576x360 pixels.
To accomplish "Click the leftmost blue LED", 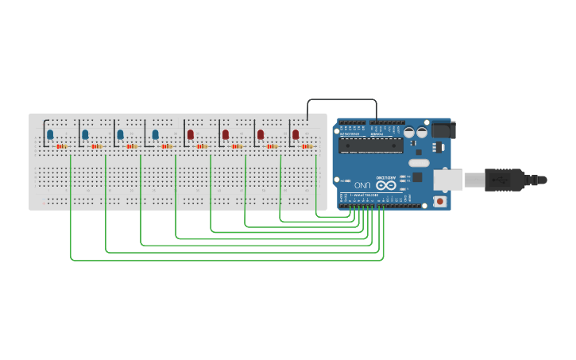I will click(x=50, y=135).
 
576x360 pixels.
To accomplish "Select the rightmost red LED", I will click(x=296, y=135).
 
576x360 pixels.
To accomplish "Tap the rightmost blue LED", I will click(x=155, y=135).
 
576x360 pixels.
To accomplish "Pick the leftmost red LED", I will click(x=191, y=135).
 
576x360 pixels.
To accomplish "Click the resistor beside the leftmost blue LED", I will click(x=62, y=146).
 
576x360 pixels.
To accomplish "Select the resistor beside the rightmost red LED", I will click(x=307, y=146).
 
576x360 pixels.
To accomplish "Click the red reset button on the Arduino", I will click(x=440, y=202).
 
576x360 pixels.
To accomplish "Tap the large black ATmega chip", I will click(x=370, y=145).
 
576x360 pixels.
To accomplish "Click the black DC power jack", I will click(x=441, y=131).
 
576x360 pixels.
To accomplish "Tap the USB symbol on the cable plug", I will click(x=501, y=180).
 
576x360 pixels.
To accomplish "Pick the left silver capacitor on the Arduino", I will click(x=408, y=133).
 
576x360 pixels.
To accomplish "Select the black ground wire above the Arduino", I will click(x=342, y=99).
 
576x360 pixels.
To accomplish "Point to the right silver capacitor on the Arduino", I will click(x=420, y=133).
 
